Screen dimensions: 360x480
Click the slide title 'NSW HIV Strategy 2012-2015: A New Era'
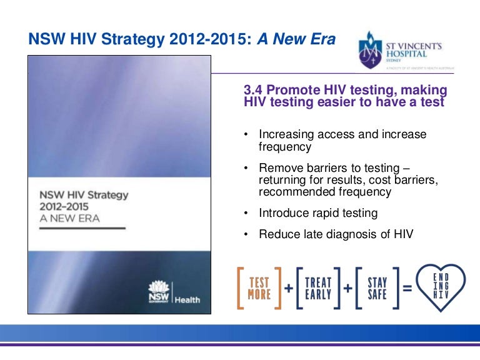[x=182, y=40]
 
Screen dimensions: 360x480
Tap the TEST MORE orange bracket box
[x=259, y=288]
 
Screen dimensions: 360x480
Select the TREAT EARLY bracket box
[x=318, y=288]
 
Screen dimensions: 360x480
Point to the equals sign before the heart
[x=407, y=289]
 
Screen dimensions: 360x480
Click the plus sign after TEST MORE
[x=289, y=289]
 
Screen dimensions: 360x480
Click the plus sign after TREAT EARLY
[x=347, y=289]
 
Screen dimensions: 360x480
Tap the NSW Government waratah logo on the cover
[x=157, y=291]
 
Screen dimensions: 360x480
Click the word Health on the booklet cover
[x=187, y=299]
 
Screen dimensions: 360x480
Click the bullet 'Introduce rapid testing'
[x=317, y=213]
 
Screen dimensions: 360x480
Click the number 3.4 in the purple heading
[x=253, y=90]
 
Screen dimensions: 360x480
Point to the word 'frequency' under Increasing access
[x=284, y=147]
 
